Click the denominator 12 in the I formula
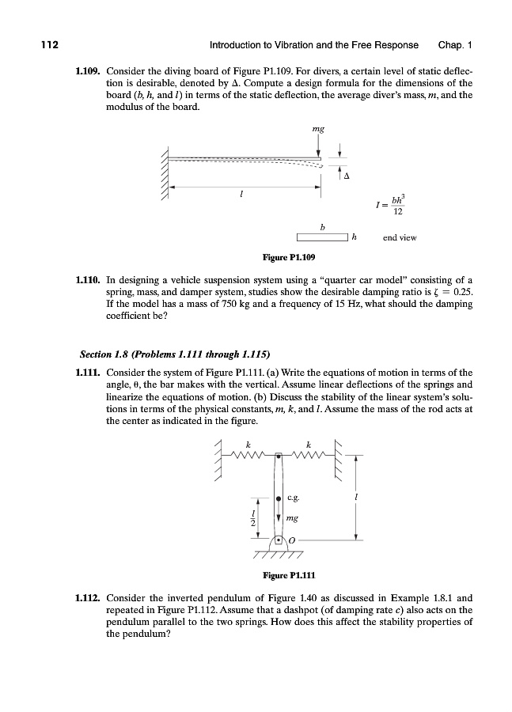(x=399, y=214)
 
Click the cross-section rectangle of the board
(x=322, y=237)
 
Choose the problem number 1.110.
(x=85, y=279)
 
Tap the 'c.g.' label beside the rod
(x=292, y=498)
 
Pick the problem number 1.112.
(x=85, y=599)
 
